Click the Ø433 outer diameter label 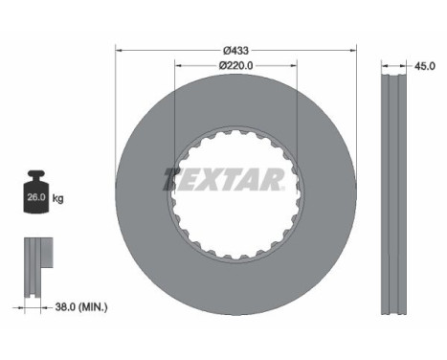point(235,50)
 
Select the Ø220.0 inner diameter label point(235,66)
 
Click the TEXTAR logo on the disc point(224,179)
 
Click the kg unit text point(58,199)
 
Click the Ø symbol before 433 point(226,50)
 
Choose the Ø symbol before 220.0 point(220,66)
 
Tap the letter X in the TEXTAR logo point(212,179)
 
